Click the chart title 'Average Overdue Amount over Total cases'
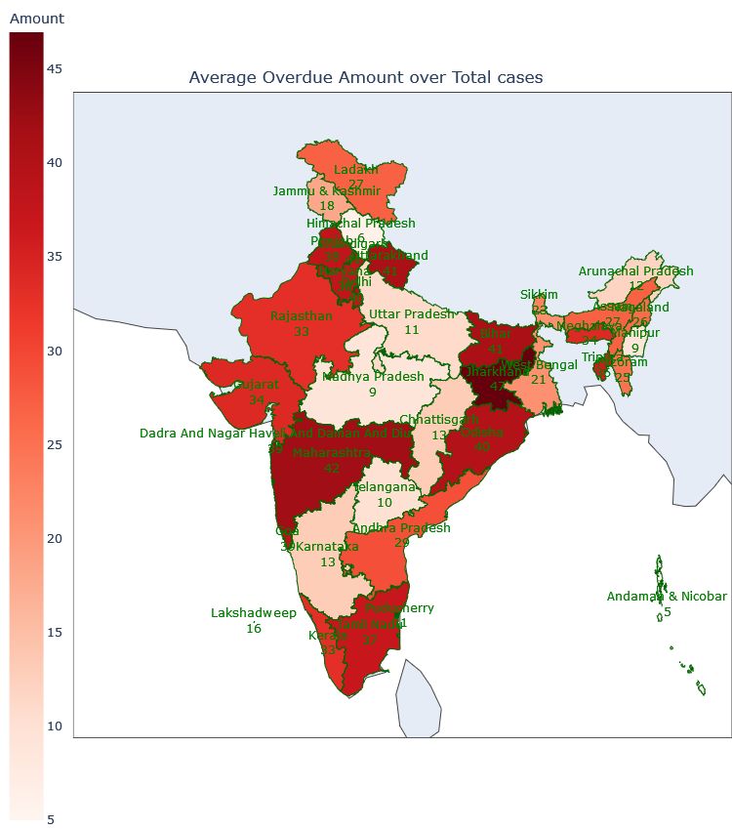[365, 77]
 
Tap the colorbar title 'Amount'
[36, 19]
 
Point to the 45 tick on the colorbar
[56, 69]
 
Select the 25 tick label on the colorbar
[56, 445]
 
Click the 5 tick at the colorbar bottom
[52, 819]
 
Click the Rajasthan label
[302, 316]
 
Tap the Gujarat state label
[256, 385]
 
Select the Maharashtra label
[332, 453]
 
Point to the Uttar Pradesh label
[411, 314]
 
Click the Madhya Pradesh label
[373, 376]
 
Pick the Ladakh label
[355, 170]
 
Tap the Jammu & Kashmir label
[326, 191]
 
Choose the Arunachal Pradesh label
[635, 271]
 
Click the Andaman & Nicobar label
[667, 597]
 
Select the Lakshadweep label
[254, 613]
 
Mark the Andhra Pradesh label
[401, 528]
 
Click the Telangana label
[385, 487]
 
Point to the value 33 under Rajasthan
[302, 332]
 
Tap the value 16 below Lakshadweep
[254, 629]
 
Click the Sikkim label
[539, 295]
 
